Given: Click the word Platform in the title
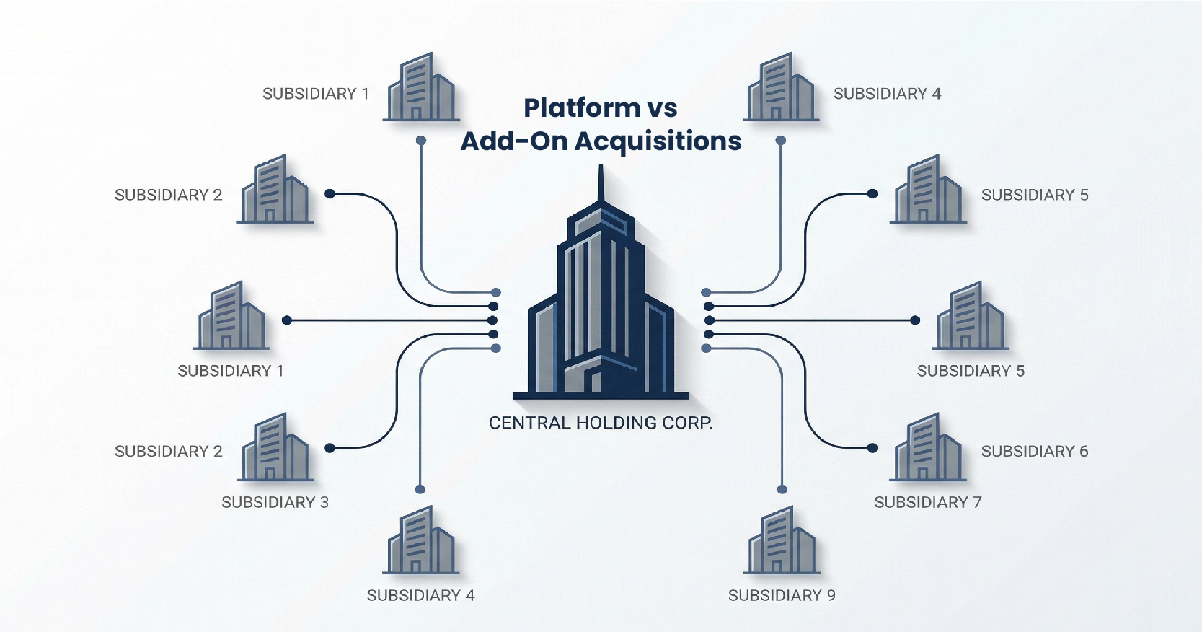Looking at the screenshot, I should coord(581,108).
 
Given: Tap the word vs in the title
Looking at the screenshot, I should coord(661,108).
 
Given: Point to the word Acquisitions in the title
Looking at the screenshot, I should coord(658,141).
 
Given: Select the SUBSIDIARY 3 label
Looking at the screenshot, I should coord(275,502).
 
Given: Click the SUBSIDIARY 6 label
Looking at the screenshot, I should coord(1035,452).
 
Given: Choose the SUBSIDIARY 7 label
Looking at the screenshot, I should coord(928,502).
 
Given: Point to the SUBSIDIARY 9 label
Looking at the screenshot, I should coord(782,595).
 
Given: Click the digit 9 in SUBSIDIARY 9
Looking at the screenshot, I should coord(831,595).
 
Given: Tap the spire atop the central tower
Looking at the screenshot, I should coord(601,184).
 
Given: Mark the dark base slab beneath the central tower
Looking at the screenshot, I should coord(601,395).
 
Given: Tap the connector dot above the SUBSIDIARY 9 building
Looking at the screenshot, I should coord(782,490).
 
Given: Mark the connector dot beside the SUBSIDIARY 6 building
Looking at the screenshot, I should coord(872,448).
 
